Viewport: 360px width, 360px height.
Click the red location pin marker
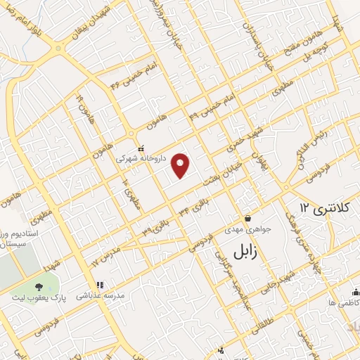coord(181,165)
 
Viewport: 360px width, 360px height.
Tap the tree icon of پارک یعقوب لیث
coord(38,286)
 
